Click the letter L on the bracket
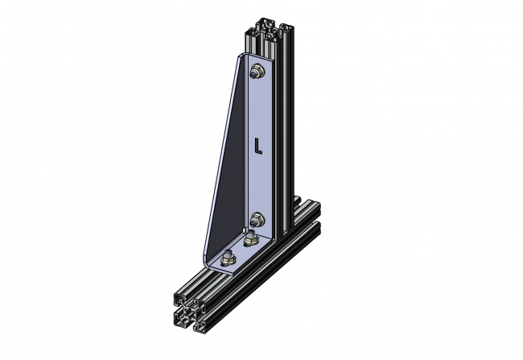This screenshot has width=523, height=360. [x=257, y=146]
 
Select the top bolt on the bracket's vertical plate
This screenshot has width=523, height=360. [x=256, y=72]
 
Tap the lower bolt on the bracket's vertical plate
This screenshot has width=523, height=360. [x=256, y=217]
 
